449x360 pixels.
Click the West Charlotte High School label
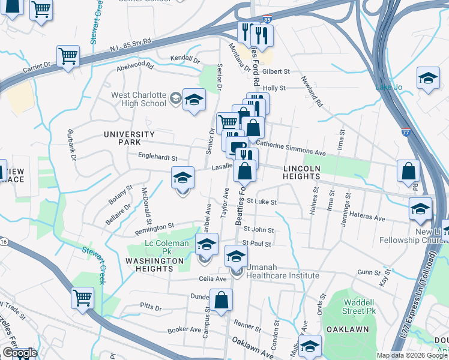coord(139,99)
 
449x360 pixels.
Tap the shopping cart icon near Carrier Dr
coord(68,56)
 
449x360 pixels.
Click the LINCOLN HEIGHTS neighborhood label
coord(301,172)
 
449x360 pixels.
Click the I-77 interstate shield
coord(407,133)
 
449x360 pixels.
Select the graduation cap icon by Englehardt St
coord(183,178)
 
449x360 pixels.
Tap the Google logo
coord(19,353)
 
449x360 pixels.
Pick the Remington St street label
coord(154,227)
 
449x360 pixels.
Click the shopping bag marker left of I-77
coord(408,171)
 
